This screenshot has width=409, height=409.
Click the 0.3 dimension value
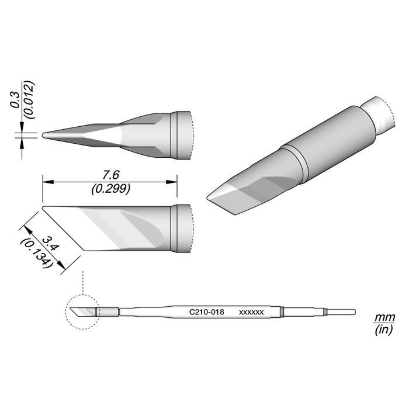(x=15, y=100)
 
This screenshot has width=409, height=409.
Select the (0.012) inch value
(x=29, y=100)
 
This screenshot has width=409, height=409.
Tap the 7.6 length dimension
(x=111, y=175)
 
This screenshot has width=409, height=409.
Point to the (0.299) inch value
(x=111, y=189)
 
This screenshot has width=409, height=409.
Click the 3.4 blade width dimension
(x=50, y=244)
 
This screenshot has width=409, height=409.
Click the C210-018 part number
(x=207, y=312)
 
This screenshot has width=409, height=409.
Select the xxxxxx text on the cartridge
(x=251, y=312)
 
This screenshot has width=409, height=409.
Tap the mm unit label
(x=384, y=318)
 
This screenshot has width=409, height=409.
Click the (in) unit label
(x=384, y=330)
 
